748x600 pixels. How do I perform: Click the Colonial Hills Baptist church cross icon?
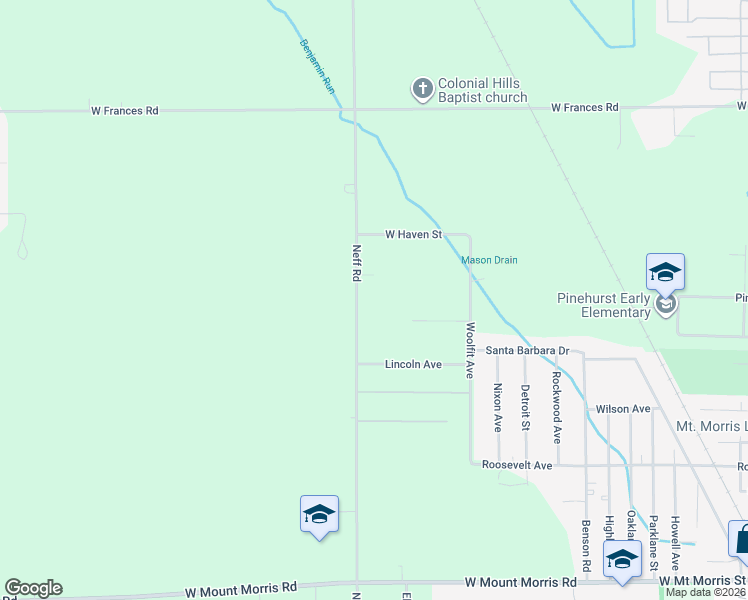[422, 90]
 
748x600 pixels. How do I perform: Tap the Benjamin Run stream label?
[316, 67]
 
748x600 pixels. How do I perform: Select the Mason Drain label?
[489, 260]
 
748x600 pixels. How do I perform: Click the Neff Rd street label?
[356, 263]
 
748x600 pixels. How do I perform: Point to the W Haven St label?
[414, 235]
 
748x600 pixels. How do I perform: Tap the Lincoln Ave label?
[413, 365]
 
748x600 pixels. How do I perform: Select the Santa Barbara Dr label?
[527, 351]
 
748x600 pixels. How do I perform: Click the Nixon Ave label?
[497, 408]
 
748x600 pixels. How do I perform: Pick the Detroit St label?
[525, 408]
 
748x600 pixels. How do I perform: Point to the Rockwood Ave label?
[557, 408]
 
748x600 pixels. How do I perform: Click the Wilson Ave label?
[623, 409]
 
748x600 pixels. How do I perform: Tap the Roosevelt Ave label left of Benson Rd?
[517, 466]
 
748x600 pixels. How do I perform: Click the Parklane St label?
[653, 542]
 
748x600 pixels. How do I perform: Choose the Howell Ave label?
[676, 542]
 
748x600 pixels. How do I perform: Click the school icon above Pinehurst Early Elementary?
[665, 273]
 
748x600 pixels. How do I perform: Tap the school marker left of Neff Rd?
[319, 515]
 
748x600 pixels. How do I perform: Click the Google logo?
[33, 588]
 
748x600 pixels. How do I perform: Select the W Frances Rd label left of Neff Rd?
[125, 111]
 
